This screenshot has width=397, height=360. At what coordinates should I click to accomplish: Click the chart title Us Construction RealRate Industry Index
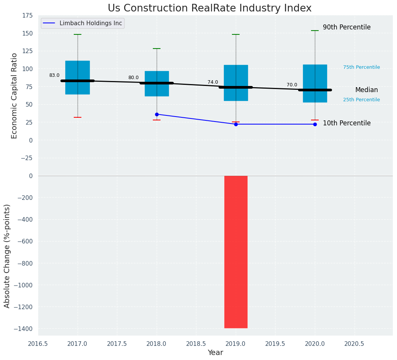(x=209, y=8)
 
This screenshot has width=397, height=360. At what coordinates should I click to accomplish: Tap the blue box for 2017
(x=78, y=77)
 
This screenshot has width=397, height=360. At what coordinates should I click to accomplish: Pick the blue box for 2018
(x=157, y=83)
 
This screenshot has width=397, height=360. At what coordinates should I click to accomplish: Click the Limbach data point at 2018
(x=157, y=114)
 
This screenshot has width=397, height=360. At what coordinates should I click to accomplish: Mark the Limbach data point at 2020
(x=315, y=124)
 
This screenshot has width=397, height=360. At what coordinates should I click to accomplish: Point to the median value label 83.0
(x=54, y=75)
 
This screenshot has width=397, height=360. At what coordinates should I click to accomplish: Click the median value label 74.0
(x=213, y=82)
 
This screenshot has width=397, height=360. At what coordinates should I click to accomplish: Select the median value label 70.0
(x=292, y=85)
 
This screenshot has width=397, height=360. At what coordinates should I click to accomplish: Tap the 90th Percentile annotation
(x=347, y=28)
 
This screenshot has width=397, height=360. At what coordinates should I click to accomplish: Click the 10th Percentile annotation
(x=347, y=123)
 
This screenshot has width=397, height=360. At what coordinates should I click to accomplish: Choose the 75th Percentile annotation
(x=361, y=67)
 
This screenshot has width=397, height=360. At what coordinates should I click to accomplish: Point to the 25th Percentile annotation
(x=361, y=100)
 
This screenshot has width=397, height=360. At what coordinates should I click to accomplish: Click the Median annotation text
(x=366, y=90)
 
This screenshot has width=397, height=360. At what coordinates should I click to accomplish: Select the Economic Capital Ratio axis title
(x=14, y=96)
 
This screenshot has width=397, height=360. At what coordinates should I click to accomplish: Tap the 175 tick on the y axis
(x=27, y=16)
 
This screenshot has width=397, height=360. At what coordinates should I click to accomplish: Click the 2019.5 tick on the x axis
(x=275, y=344)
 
